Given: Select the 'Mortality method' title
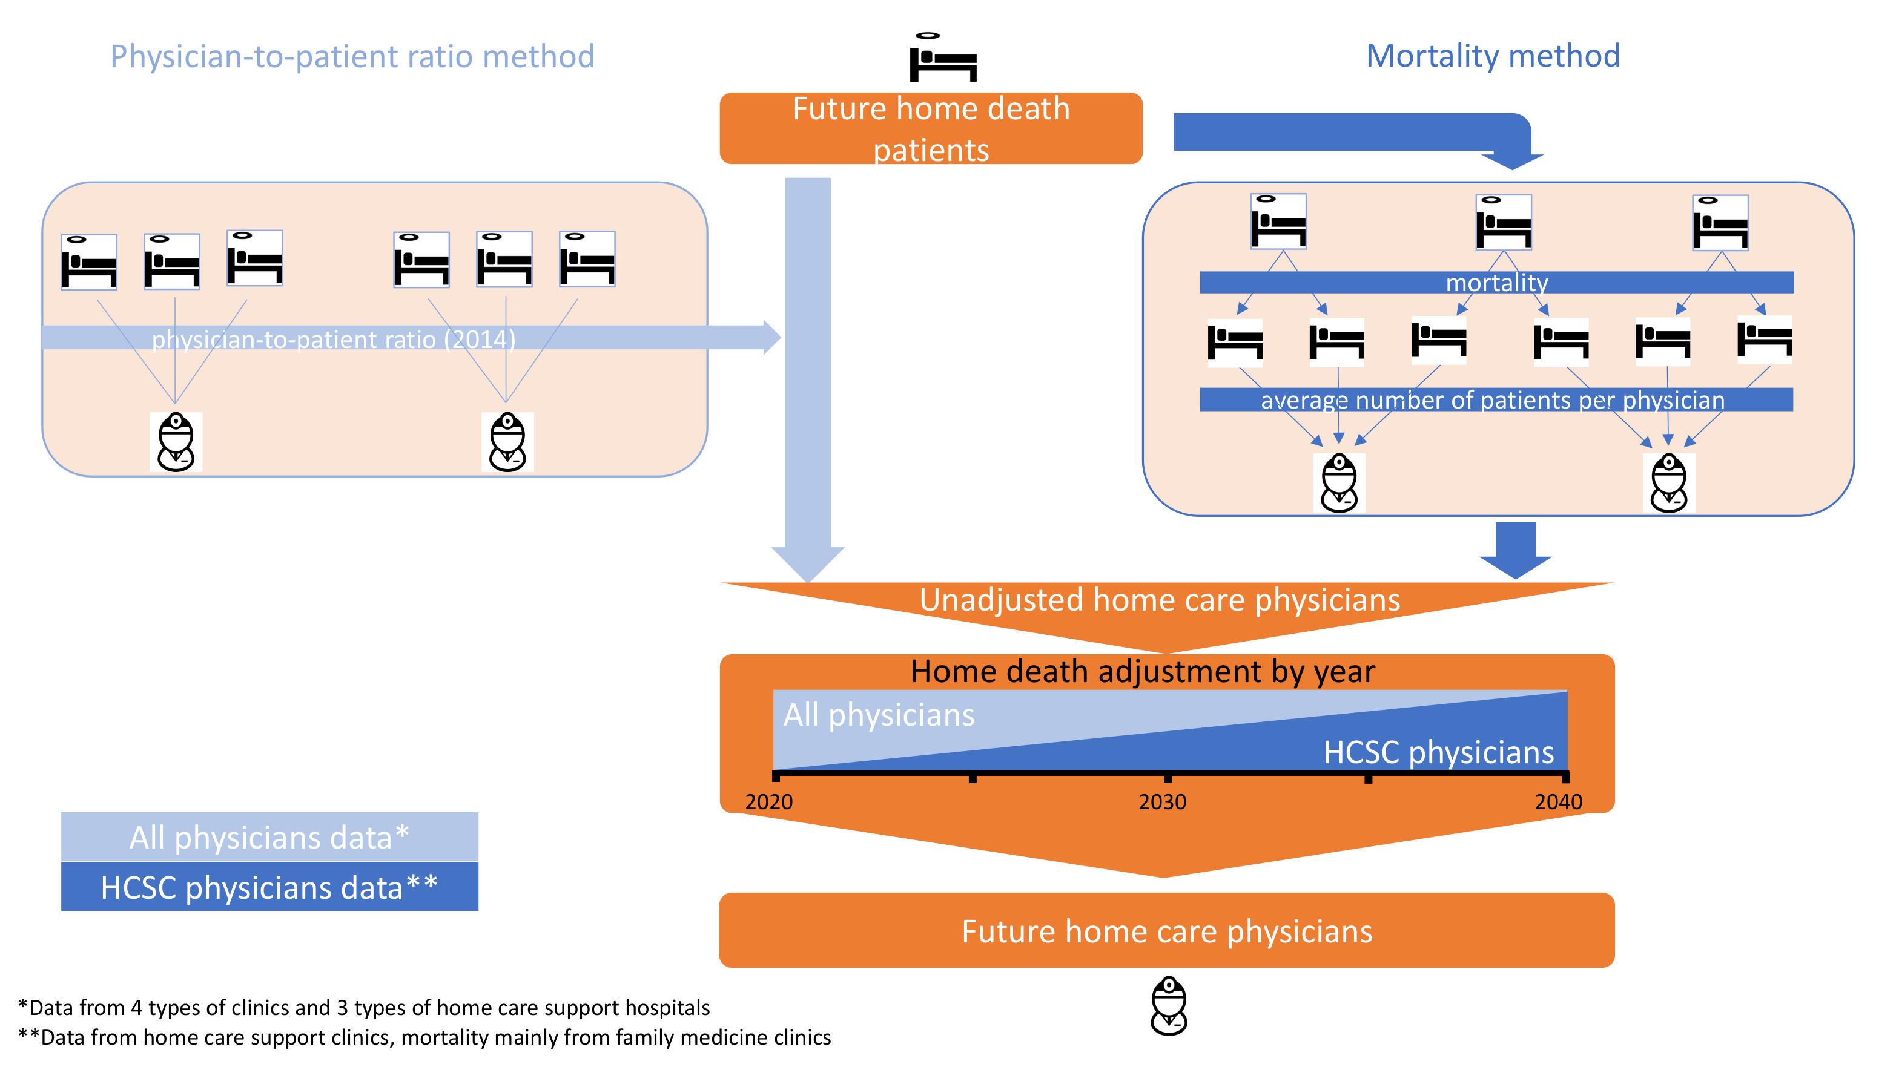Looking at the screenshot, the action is [x=1493, y=55].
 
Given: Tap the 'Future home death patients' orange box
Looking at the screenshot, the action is [x=931, y=128].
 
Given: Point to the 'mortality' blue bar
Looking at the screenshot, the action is [x=1496, y=283].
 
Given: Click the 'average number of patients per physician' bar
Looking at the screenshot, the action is [x=1496, y=399].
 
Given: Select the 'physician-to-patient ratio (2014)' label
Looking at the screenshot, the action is [x=334, y=340].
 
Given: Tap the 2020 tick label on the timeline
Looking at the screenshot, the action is [x=769, y=801].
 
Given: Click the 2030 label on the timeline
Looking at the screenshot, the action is [x=1163, y=801].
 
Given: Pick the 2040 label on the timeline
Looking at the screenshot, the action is [x=1558, y=801].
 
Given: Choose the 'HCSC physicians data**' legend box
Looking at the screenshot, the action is [x=269, y=887].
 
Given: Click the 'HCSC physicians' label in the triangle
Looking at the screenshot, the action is [x=1439, y=752].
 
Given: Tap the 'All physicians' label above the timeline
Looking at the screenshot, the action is [x=879, y=715].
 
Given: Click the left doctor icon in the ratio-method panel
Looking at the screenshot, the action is [x=176, y=442].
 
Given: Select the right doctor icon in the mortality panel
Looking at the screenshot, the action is [x=1668, y=483].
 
